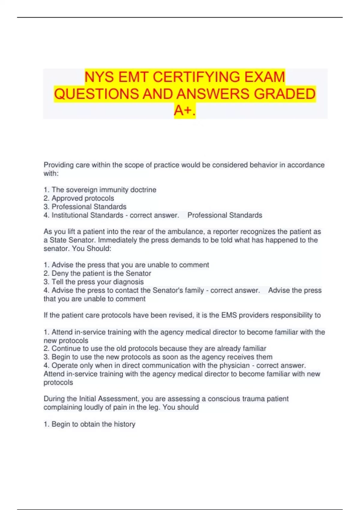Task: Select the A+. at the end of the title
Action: [x=184, y=110]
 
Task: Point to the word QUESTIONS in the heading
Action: [x=96, y=94]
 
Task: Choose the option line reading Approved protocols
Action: [x=82, y=198]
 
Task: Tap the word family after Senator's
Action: [x=193, y=290]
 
